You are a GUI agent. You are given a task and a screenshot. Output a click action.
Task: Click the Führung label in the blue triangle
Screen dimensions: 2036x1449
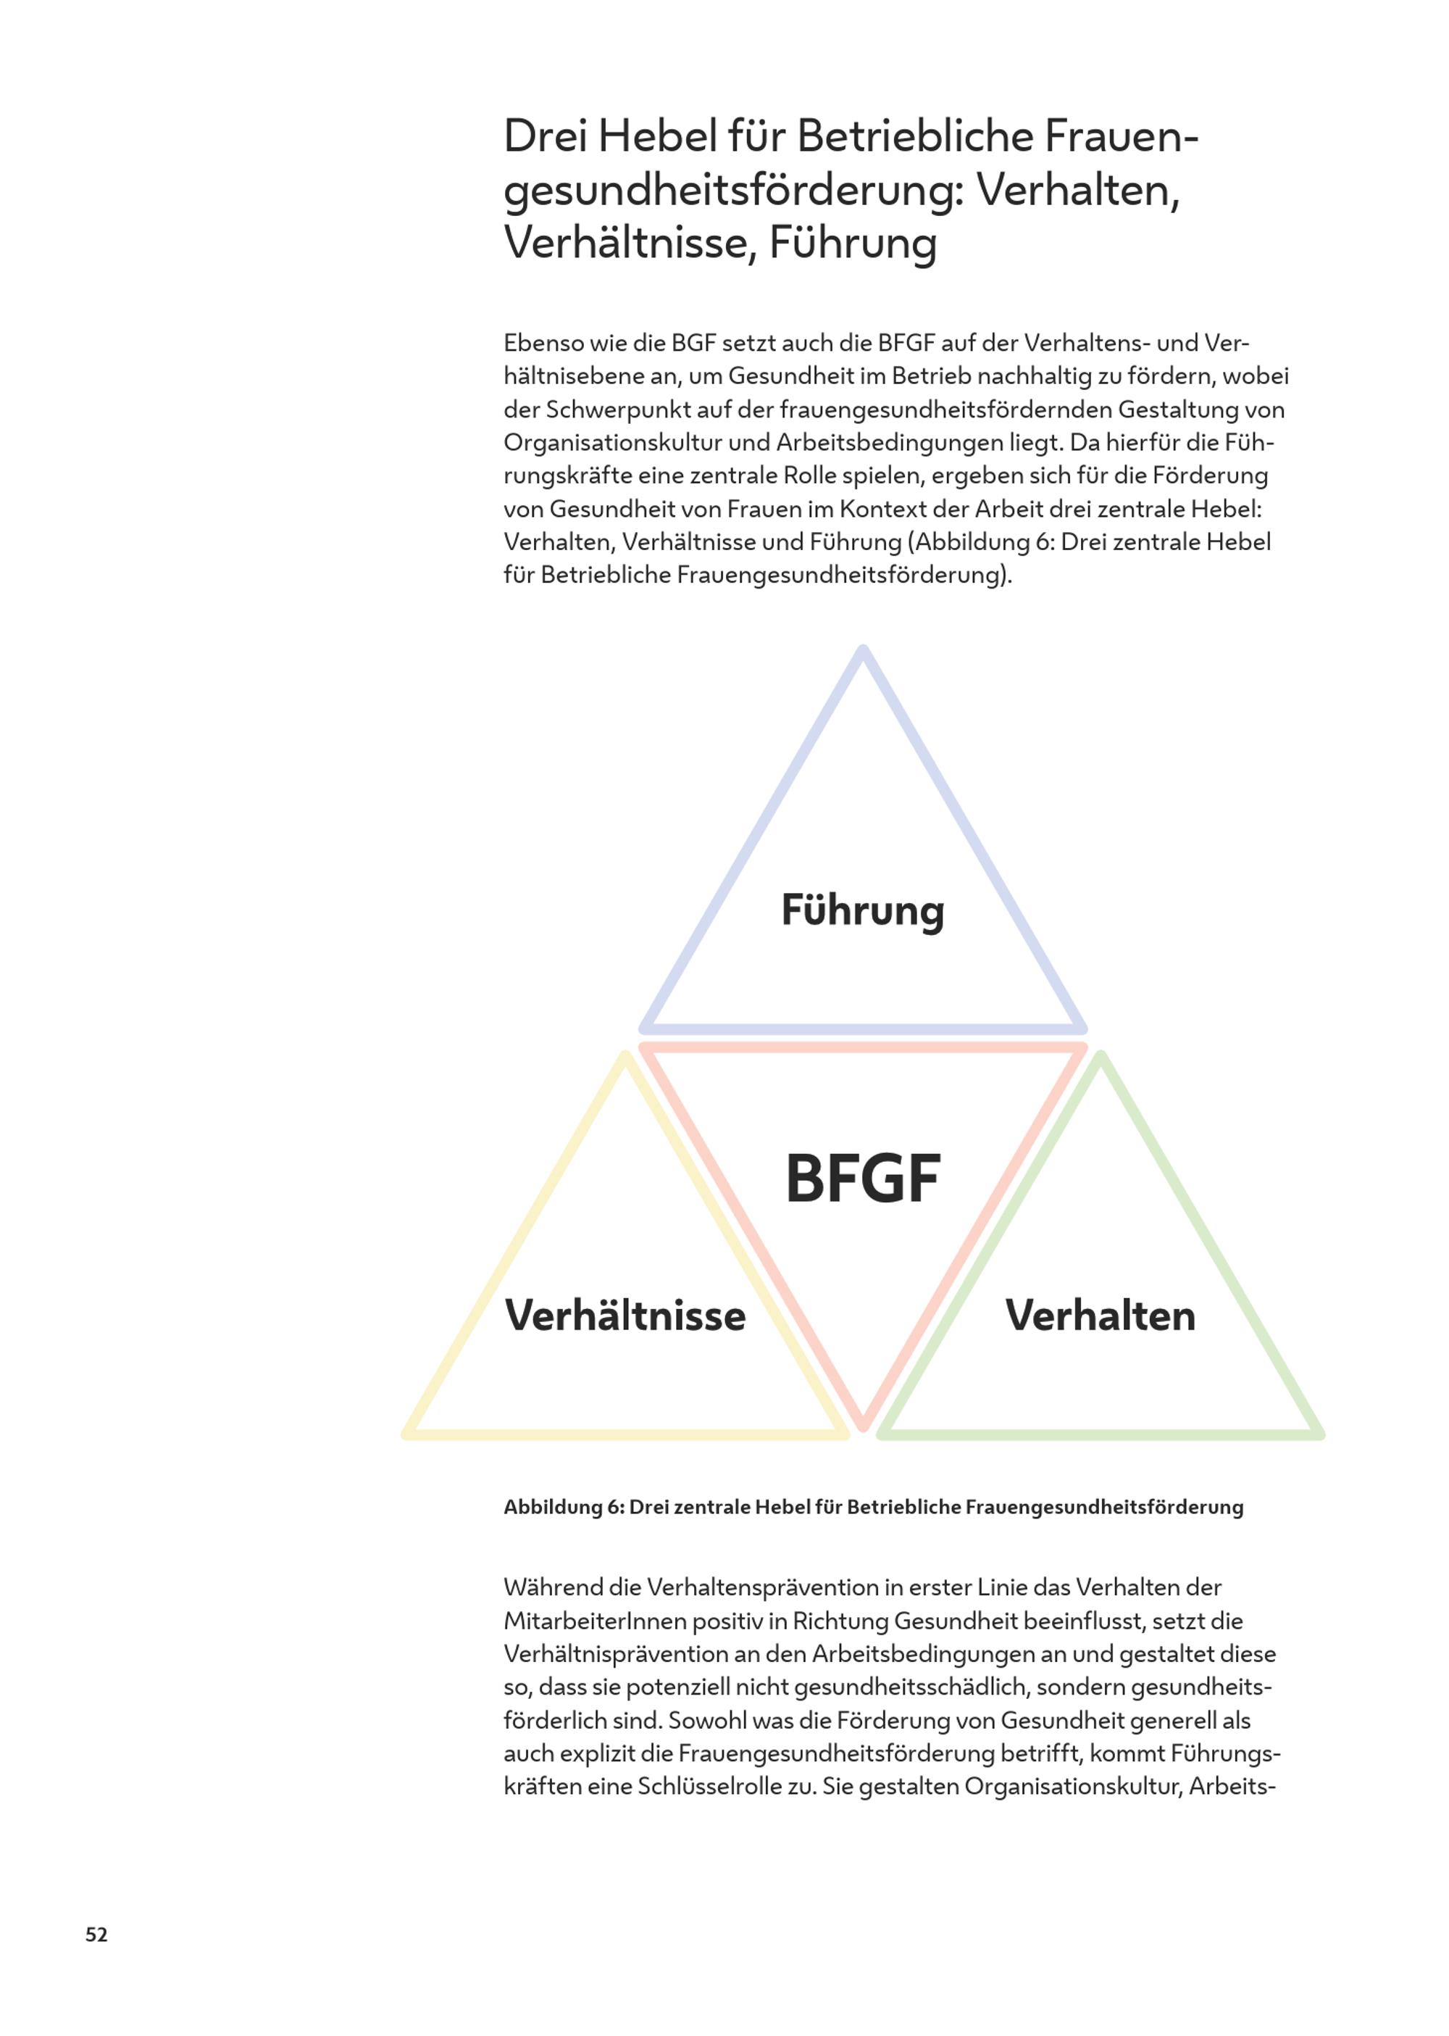[x=862, y=911]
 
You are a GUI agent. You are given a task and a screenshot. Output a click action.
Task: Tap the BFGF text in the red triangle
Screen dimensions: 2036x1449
[x=862, y=1179]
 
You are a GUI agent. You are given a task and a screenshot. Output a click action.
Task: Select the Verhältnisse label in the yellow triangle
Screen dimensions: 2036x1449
[x=625, y=1316]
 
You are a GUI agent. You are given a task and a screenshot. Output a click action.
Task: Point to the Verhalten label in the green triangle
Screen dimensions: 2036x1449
[x=1100, y=1316]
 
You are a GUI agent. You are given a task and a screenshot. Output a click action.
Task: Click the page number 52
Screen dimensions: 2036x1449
[x=96, y=1935]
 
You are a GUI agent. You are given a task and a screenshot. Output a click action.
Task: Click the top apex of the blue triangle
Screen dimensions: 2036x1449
[x=863, y=652]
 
